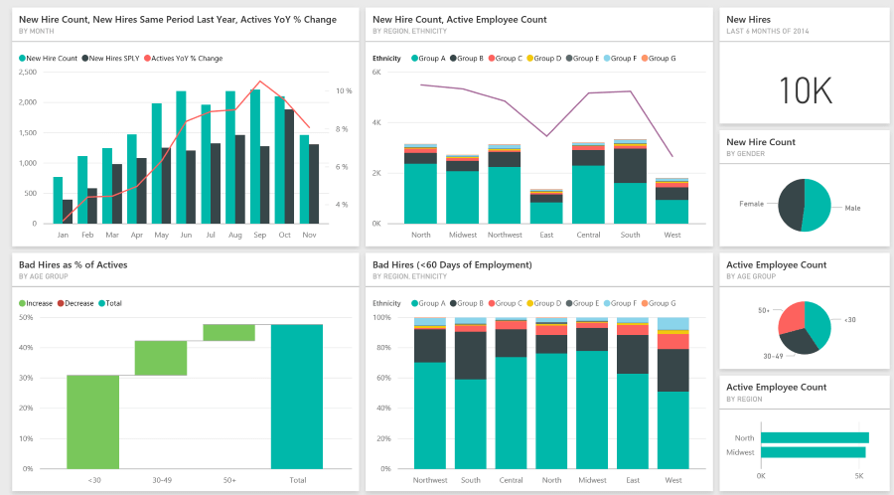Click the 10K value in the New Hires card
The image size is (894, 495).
pos(805,90)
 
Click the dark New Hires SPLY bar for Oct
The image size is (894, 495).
pos(289,167)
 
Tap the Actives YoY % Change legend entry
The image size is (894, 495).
pos(188,59)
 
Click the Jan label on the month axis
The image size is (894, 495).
pos(63,236)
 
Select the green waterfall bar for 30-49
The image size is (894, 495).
pos(161,358)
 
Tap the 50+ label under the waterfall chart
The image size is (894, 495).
pos(228,480)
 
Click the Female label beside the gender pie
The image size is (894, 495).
pos(751,204)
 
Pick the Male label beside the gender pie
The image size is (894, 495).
pos(851,208)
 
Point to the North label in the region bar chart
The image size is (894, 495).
pos(744,438)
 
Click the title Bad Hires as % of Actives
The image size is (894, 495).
pos(73,265)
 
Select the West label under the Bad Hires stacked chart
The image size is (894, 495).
pos(673,480)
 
